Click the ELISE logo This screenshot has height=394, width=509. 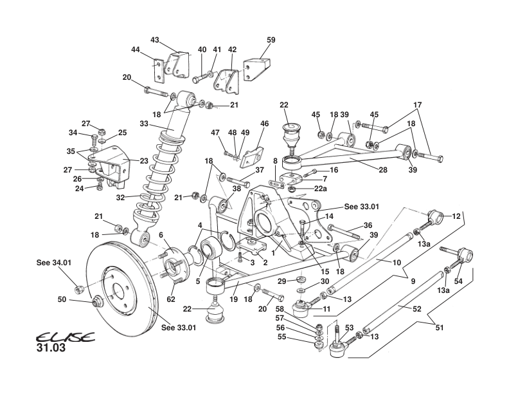(64, 337)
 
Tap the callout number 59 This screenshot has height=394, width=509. (271, 39)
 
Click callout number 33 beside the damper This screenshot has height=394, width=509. (143, 124)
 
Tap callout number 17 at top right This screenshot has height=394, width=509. (418, 105)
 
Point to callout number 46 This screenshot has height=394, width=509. (264, 123)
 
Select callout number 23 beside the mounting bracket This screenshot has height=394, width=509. (144, 162)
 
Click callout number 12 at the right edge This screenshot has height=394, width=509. (457, 216)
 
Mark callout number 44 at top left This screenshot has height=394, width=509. (136, 50)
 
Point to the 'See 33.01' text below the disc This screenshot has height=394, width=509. (177, 327)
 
